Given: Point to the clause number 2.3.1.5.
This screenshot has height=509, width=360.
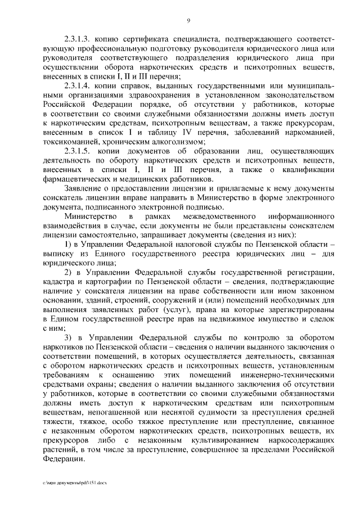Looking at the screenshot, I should (78, 152).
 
